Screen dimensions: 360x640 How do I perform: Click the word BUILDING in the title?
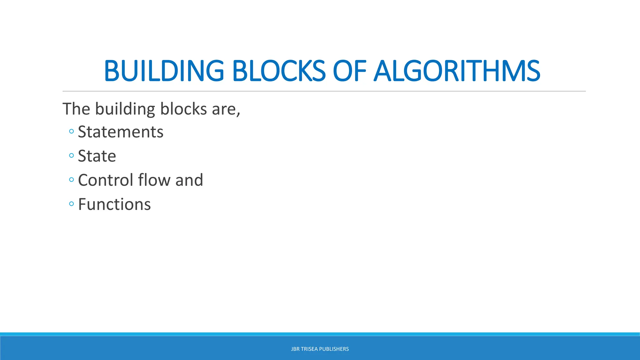pos(164,71)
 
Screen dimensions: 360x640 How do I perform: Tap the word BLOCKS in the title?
pos(279,71)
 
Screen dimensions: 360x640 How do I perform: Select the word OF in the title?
pos(349,71)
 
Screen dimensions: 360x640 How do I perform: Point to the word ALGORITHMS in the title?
pos(457,71)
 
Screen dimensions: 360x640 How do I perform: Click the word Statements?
pos(120,132)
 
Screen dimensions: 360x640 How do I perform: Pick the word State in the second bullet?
pos(97,156)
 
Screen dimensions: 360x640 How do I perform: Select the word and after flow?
pos(189,180)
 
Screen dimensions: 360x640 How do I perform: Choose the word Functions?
pos(114,204)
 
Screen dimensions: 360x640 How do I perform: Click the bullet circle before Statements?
pos(72,132)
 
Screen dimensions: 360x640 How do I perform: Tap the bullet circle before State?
pos(72,155)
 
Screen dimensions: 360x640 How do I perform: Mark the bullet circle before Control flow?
pos(72,180)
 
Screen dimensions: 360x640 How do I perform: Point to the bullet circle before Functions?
pos(72,204)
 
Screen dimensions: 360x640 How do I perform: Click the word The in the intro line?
pos(76,109)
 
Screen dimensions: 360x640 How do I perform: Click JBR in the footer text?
pos(295,349)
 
